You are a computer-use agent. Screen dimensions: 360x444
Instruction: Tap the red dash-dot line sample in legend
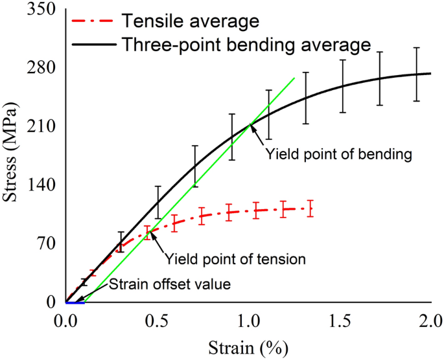[x=92, y=22]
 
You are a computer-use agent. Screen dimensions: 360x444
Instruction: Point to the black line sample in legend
[x=92, y=45]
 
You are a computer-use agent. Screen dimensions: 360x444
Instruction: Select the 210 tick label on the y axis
[x=43, y=127]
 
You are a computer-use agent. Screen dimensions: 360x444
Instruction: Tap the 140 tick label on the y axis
[x=43, y=185]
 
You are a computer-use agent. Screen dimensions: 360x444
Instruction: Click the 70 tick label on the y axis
[x=47, y=244]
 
